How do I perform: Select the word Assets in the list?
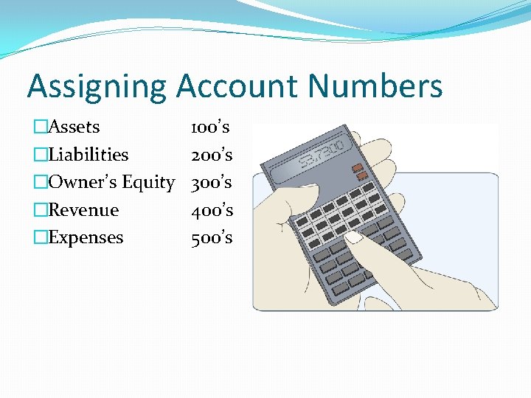click(74, 127)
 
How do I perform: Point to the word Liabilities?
click(88, 155)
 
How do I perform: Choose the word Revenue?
click(83, 210)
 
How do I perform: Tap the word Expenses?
click(86, 238)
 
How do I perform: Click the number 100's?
click(210, 127)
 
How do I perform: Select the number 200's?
click(212, 155)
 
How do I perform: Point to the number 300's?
click(212, 182)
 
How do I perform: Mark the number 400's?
click(212, 210)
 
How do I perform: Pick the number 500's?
click(212, 237)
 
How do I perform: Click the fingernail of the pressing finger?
click(355, 237)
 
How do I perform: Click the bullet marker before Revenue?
click(41, 210)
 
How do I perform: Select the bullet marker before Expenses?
click(41, 238)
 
